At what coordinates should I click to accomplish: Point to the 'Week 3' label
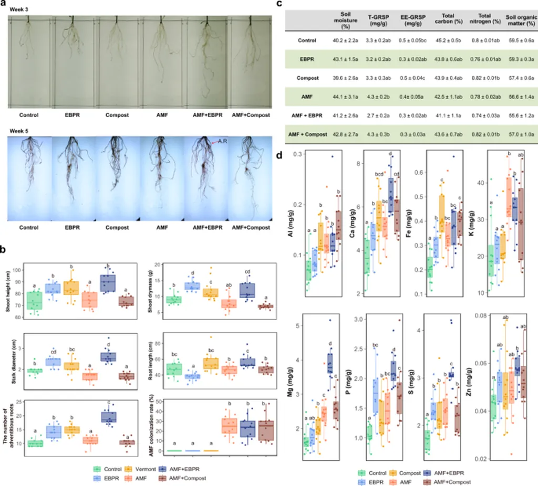click(x=19, y=10)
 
